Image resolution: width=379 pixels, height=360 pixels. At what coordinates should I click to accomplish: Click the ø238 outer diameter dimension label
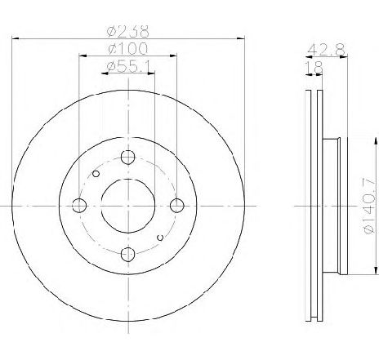[128, 31]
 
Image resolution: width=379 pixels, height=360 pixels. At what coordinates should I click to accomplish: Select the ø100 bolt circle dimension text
[127, 48]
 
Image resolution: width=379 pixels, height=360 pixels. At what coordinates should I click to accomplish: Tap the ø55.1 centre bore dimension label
[129, 67]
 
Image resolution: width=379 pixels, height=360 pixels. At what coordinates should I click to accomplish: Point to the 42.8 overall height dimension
[326, 50]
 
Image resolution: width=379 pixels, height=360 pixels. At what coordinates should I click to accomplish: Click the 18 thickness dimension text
[314, 68]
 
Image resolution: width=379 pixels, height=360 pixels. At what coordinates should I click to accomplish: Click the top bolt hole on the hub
[128, 157]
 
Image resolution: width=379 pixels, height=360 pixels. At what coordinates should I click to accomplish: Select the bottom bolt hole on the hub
[128, 255]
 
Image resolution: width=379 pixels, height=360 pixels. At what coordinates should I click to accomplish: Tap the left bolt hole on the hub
[79, 206]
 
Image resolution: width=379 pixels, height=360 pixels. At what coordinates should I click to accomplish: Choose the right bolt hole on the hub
[177, 206]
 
